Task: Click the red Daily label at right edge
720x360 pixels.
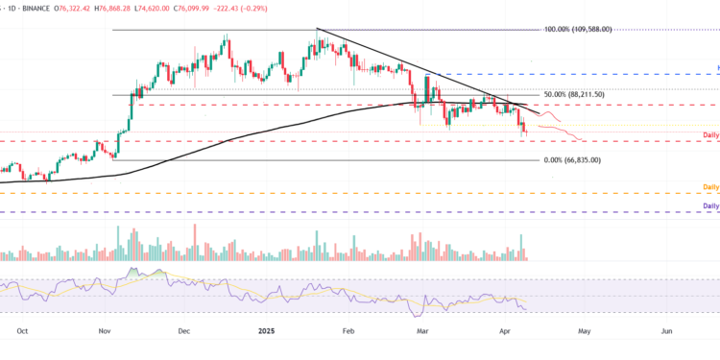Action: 710,135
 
